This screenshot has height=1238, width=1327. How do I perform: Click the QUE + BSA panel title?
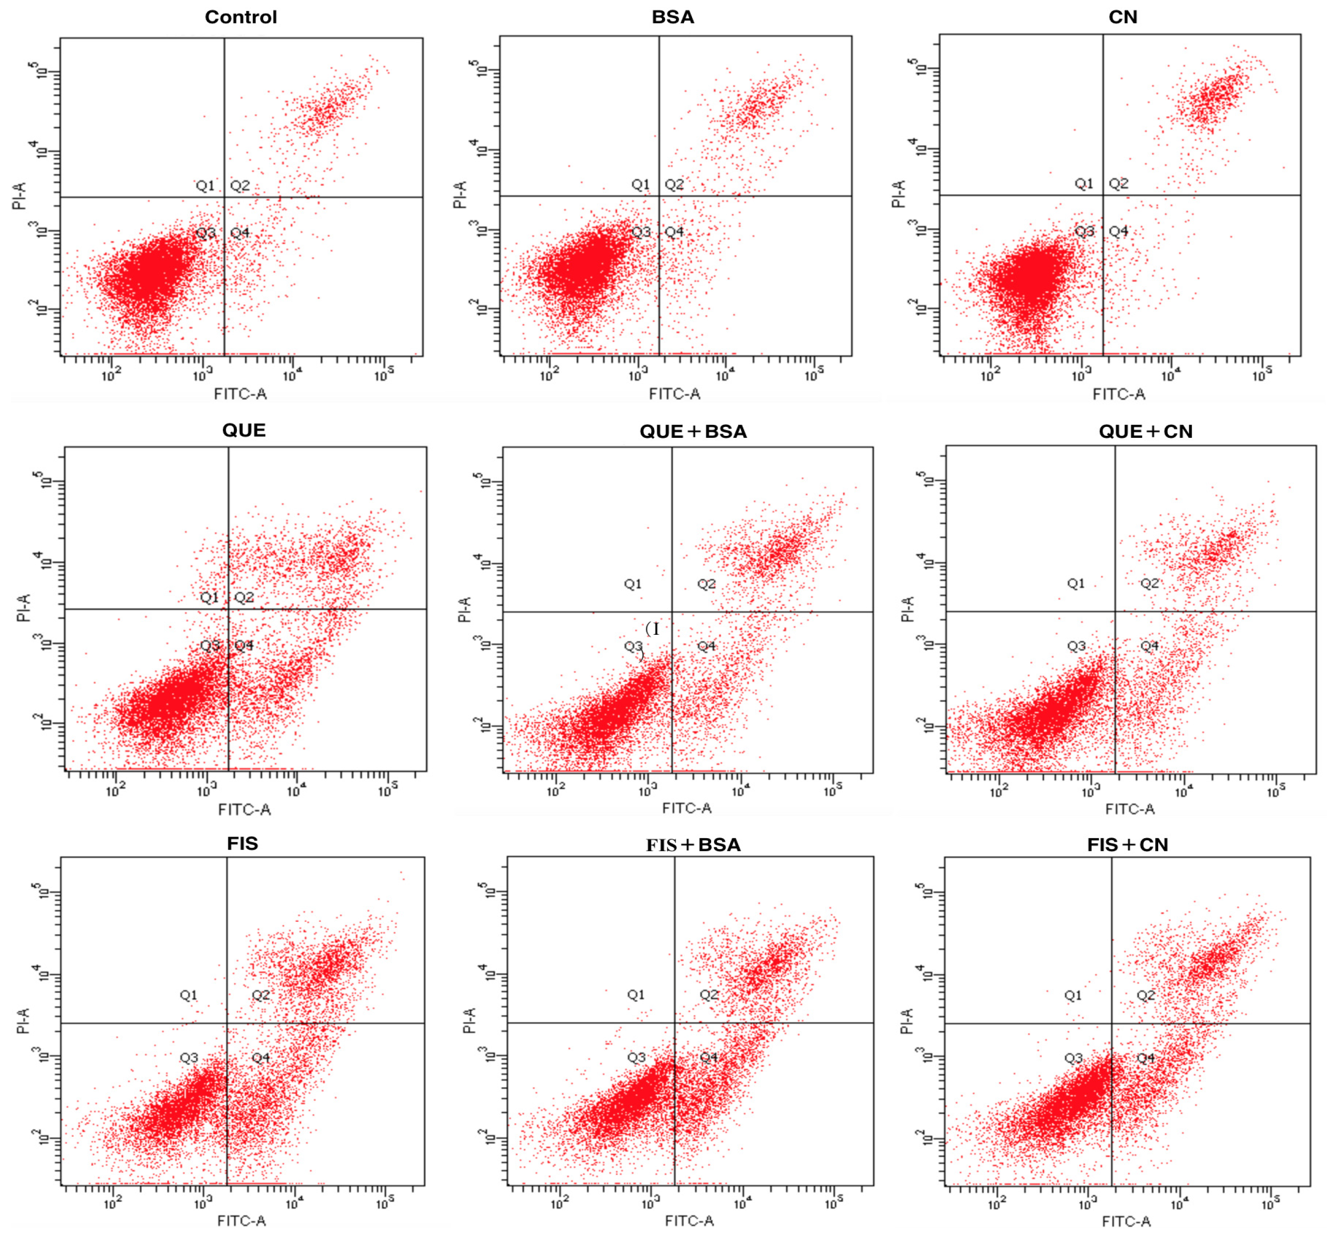point(693,431)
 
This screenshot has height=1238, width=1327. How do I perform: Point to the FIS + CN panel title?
point(1127,845)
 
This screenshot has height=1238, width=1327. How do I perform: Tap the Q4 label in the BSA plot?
point(674,231)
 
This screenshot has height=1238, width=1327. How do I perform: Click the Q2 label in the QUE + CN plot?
point(1149,583)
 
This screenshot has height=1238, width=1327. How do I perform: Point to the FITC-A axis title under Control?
point(240,394)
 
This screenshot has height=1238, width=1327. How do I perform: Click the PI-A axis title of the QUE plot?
point(24,608)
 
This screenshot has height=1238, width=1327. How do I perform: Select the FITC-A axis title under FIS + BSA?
point(689,1220)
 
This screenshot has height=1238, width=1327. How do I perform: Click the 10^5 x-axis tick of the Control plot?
point(383,376)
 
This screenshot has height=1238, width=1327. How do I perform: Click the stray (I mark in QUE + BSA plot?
point(653,628)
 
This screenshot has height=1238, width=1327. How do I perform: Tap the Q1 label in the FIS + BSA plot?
point(636,995)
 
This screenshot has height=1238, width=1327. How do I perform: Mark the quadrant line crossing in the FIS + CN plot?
point(1111,1023)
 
